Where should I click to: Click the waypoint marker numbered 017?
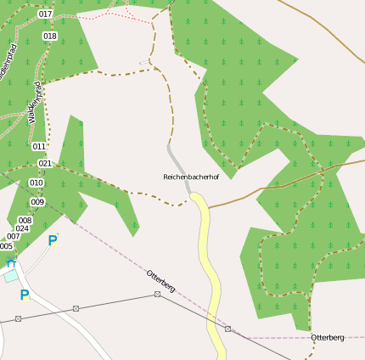[45, 14]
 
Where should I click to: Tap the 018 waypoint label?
[49, 36]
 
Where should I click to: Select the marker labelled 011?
[39, 146]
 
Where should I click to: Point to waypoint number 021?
[44, 163]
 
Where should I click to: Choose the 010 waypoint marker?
[36, 183]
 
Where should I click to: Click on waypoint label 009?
[37, 202]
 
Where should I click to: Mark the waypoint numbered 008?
[25, 220]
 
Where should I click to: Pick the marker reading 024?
[22, 228]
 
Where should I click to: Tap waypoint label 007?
[14, 237]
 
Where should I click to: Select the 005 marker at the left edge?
[6, 246]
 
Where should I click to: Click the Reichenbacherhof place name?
[191, 177]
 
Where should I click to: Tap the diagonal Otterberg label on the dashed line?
[160, 281]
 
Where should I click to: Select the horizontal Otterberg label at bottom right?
[328, 337]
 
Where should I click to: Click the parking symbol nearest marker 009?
[53, 241]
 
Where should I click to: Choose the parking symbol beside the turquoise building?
[25, 295]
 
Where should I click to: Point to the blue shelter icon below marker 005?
[10, 262]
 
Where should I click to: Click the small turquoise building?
[10, 276]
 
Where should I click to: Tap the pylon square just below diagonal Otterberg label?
[157, 294]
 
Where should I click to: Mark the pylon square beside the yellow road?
[227, 328]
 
